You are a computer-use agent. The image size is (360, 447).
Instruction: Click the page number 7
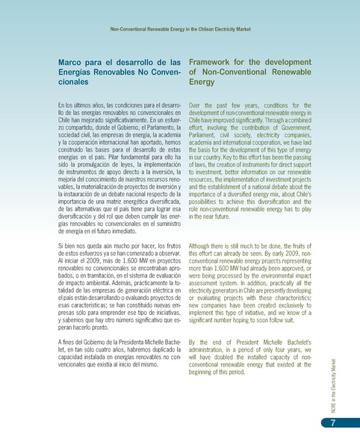332,424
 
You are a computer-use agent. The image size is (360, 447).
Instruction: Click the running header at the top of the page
180,31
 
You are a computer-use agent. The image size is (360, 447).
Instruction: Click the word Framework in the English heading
216,62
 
